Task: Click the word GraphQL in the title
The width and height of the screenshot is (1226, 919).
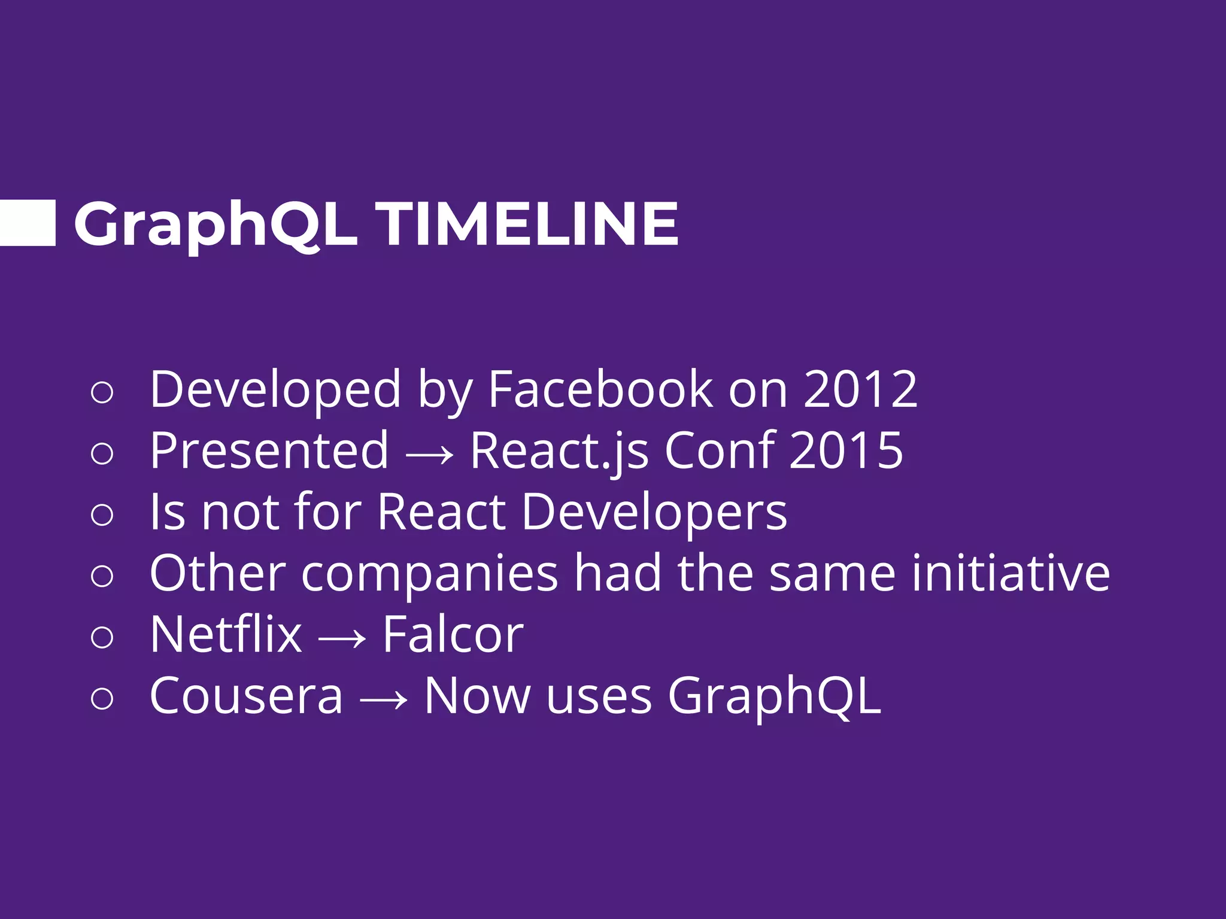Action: tap(216, 224)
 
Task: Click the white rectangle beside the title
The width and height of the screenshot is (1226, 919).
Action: tap(27, 223)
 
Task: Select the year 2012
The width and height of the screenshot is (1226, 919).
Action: tap(860, 389)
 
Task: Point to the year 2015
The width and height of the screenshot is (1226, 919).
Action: tap(845, 451)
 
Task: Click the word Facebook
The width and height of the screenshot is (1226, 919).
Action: tap(600, 389)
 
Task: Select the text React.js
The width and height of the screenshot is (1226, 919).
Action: tap(559, 452)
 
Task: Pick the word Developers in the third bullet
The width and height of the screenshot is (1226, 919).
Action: tap(654, 513)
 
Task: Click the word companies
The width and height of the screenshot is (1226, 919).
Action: tap(429, 575)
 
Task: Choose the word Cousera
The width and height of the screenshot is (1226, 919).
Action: tap(246, 696)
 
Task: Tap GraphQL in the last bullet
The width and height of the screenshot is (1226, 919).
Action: tap(773, 697)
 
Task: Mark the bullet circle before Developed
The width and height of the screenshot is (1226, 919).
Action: tap(102, 392)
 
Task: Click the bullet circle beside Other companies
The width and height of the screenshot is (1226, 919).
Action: tap(102, 576)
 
